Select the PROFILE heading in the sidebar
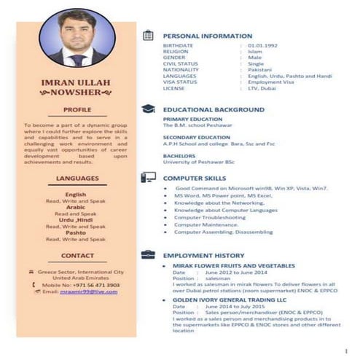(x=76, y=110)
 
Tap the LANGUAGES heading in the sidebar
(x=76, y=178)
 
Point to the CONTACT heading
(x=76, y=256)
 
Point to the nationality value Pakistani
(x=261, y=69)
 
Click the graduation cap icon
(x=148, y=109)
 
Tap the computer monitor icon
(x=148, y=177)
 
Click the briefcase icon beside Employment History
(x=148, y=255)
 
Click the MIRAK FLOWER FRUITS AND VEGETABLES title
(x=233, y=266)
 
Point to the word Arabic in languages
(x=76, y=207)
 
